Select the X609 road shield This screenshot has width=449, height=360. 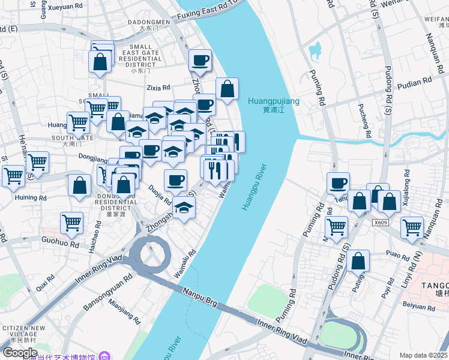[x=379, y=222]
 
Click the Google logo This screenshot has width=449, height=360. [x=20, y=352]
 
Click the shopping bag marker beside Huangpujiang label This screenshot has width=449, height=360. [x=227, y=89]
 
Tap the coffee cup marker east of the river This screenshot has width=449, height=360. [x=338, y=183]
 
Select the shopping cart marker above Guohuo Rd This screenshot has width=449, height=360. [x=71, y=223]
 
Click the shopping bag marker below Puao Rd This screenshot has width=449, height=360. [x=358, y=261]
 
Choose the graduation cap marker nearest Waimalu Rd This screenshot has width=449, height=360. [x=184, y=208]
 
